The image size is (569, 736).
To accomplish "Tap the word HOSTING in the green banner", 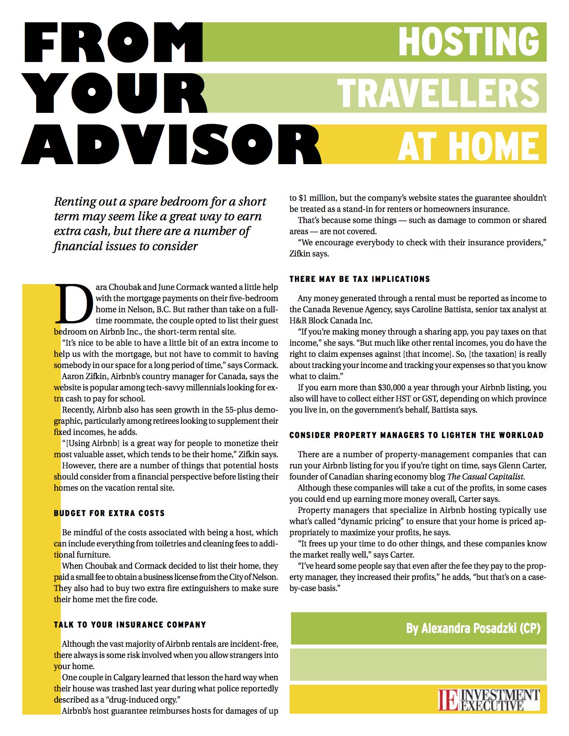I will [x=469, y=41].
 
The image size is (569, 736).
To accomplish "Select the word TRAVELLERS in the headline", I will [x=438, y=93].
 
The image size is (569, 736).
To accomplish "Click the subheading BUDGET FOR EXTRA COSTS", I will [x=109, y=513].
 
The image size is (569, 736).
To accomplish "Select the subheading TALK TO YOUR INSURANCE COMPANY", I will [x=130, y=624].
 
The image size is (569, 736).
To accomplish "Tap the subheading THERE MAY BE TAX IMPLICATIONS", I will [x=360, y=279].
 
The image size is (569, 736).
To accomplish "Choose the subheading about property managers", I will [x=416, y=435].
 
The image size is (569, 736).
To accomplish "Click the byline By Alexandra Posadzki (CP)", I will [x=473, y=628].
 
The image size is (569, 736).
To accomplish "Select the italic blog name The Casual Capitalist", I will [x=486, y=477].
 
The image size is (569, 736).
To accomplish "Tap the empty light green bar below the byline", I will [x=419, y=665].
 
